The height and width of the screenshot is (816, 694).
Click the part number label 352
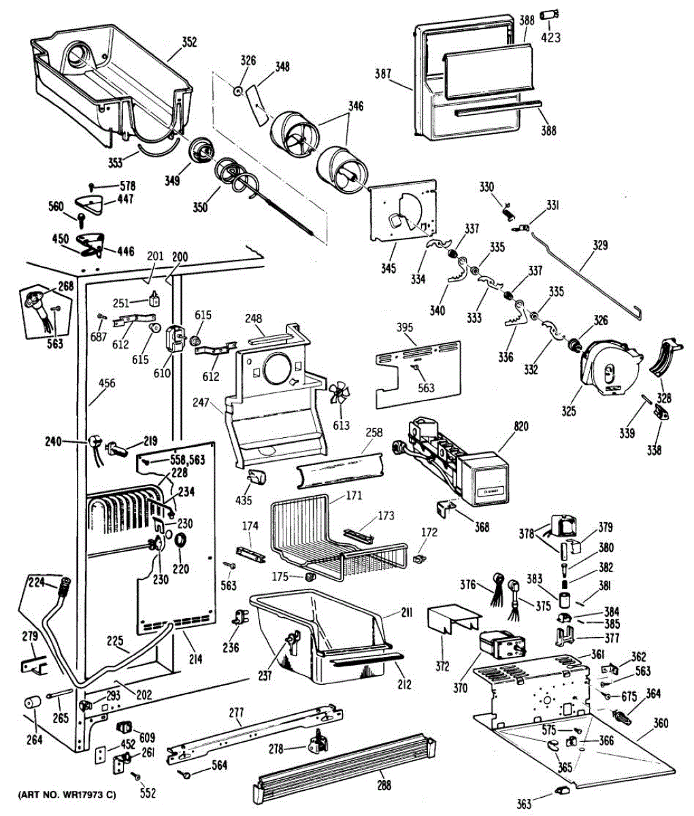coord(189,42)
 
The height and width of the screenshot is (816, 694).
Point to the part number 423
coord(550,38)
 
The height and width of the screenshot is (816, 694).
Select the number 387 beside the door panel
coord(382,73)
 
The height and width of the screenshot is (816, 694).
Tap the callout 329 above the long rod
coord(600,245)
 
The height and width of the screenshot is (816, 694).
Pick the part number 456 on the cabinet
coord(106,384)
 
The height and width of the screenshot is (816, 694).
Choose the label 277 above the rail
coord(235,712)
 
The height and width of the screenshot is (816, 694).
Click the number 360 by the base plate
coord(660,724)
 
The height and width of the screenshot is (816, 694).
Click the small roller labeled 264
coord(31,702)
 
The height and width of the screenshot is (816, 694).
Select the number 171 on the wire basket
coord(353,496)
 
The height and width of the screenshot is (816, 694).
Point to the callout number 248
coord(254,318)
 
